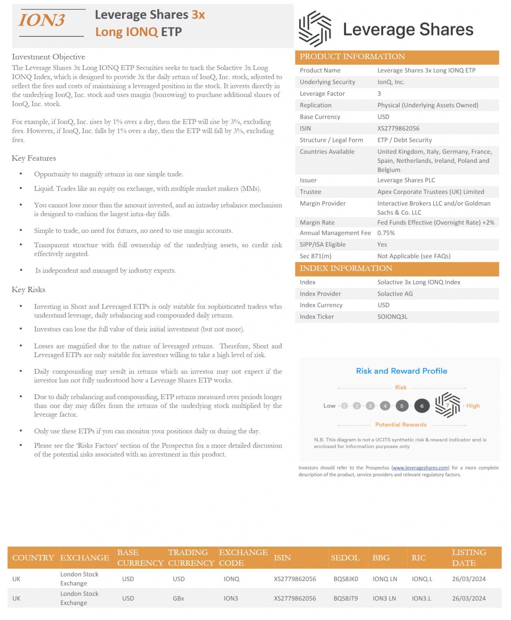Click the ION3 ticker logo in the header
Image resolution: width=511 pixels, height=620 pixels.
[x=42, y=20]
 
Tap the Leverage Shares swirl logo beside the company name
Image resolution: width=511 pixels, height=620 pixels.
[x=315, y=29]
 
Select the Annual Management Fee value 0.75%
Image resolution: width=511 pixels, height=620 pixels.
[x=386, y=233]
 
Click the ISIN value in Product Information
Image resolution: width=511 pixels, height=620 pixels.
[x=398, y=129]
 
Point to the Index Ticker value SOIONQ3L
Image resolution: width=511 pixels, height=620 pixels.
[x=392, y=317]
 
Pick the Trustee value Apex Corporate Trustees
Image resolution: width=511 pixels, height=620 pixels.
[x=431, y=192]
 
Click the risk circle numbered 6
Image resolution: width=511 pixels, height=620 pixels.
[x=422, y=406]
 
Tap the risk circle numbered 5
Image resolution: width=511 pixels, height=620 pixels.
[x=402, y=406]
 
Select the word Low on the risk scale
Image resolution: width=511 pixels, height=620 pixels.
[x=329, y=406]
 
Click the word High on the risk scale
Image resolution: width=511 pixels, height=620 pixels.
[x=473, y=406]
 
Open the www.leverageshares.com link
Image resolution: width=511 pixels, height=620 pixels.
[x=420, y=468]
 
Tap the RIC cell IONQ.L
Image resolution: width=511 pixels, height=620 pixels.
[x=422, y=579]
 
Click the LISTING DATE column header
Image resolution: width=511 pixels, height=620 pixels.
[x=469, y=558]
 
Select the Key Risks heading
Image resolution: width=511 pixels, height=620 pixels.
[x=28, y=290]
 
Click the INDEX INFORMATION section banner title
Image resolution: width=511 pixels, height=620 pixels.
[x=346, y=268]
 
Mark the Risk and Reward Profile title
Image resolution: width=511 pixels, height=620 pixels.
[x=401, y=371]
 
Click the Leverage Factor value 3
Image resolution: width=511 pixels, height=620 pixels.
[x=379, y=94]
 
